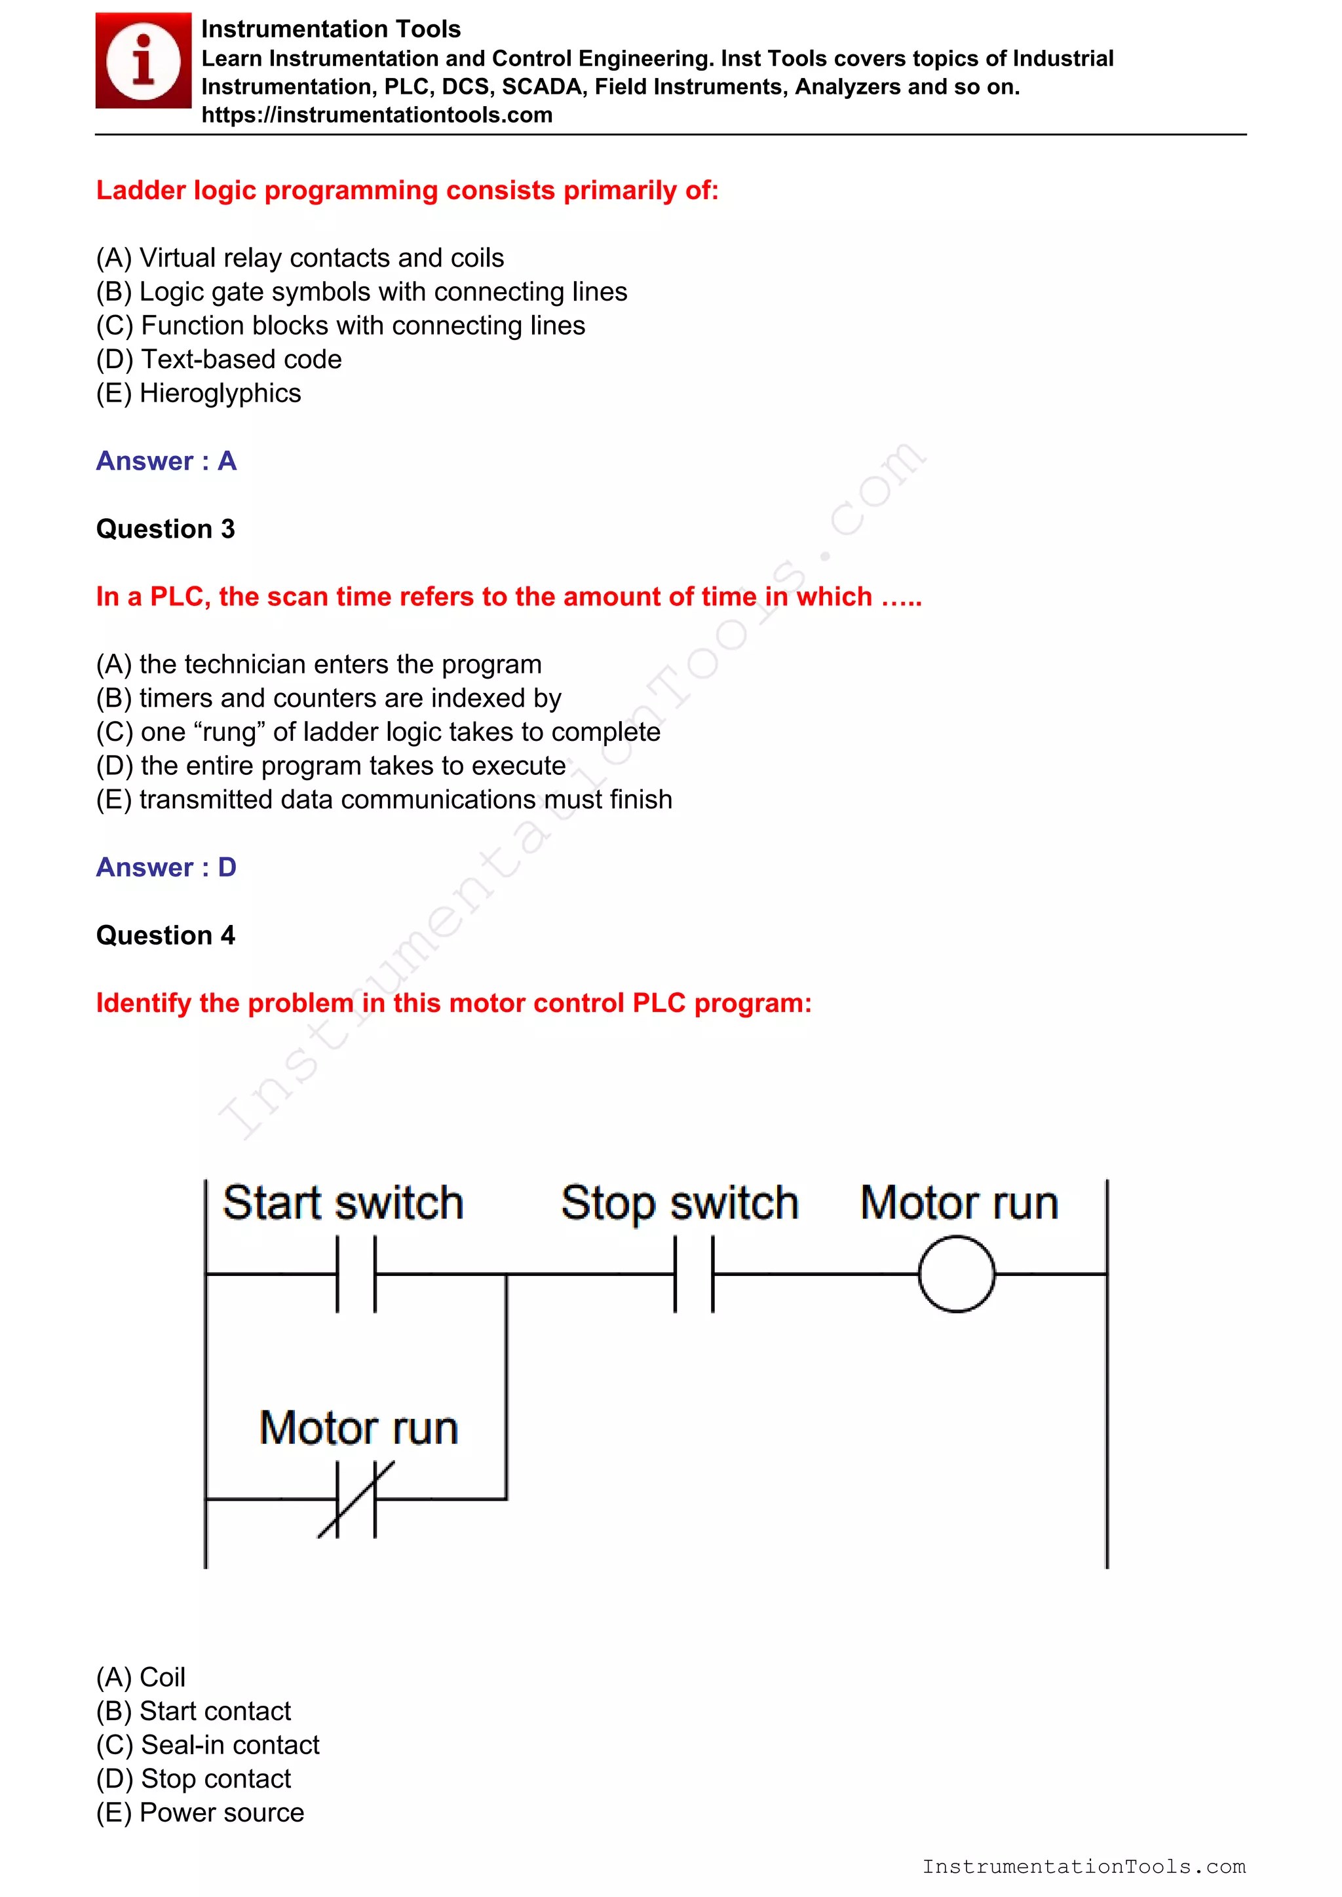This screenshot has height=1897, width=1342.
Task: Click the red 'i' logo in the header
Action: (x=143, y=60)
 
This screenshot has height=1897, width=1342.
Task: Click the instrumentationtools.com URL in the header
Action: (x=377, y=115)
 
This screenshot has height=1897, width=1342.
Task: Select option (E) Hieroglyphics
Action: (x=199, y=393)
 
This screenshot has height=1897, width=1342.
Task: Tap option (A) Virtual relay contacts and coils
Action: (x=299, y=258)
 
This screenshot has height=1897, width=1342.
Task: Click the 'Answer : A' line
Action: (x=166, y=461)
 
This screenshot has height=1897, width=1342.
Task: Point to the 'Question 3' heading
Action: (x=165, y=529)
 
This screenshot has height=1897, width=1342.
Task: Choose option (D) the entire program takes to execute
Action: (x=330, y=766)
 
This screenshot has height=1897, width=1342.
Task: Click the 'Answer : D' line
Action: (x=166, y=867)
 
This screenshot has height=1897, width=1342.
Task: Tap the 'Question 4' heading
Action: (x=165, y=935)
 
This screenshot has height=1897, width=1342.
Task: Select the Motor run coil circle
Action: (x=956, y=1274)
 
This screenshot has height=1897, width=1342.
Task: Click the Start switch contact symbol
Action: (x=356, y=1274)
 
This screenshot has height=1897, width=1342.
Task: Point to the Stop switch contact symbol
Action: (x=694, y=1274)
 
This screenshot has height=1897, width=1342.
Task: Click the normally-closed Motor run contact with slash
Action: (x=356, y=1499)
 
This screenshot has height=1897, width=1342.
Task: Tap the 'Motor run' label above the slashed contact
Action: (x=358, y=1428)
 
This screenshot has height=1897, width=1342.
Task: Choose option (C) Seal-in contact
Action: (x=208, y=1745)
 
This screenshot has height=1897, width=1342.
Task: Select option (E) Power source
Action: (x=200, y=1812)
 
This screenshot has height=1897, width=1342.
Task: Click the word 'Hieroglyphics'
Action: (x=220, y=393)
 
